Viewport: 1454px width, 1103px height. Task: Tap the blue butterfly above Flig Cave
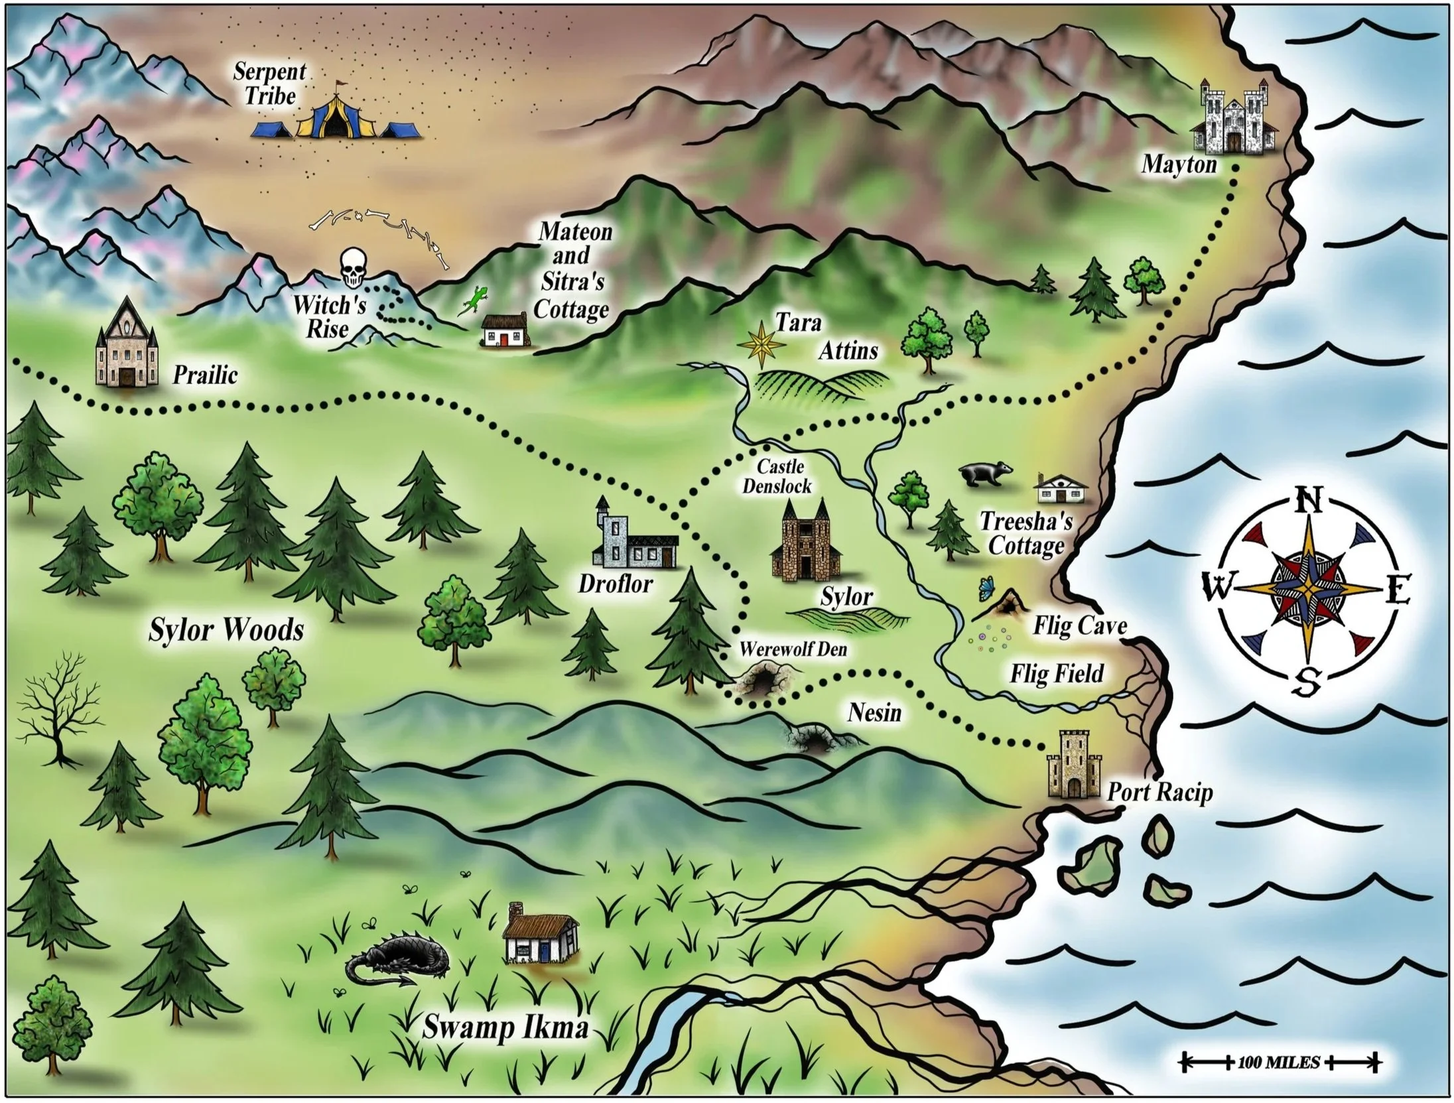tap(987, 588)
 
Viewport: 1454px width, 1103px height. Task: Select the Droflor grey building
tap(633, 535)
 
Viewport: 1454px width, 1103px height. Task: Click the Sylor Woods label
tap(226, 629)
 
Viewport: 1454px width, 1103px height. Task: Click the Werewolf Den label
tap(793, 649)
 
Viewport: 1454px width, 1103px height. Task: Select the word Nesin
tap(874, 712)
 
